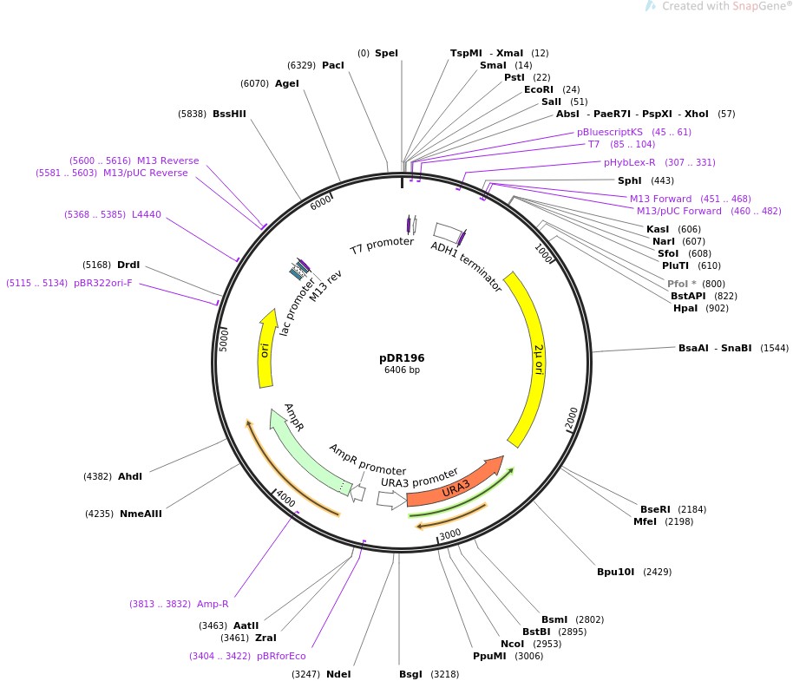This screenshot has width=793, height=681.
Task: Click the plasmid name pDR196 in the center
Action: [402, 357]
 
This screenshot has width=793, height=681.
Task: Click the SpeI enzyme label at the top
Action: [387, 53]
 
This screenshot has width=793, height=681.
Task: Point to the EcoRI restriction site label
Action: [539, 89]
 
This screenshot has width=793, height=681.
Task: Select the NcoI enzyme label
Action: [512, 644]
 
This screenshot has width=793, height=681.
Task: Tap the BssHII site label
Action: [229, 114]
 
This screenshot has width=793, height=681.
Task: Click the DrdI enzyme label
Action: [128, 265]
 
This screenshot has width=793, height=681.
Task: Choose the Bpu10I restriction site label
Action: [616, 572]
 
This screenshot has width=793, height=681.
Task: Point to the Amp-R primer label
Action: [213, 604]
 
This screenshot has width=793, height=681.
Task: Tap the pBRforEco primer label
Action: [280, 656]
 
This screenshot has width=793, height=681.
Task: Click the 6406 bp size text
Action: [402, 370]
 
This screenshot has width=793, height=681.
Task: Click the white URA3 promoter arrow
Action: [391, 500]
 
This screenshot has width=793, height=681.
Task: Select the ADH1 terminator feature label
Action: [467, 266]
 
